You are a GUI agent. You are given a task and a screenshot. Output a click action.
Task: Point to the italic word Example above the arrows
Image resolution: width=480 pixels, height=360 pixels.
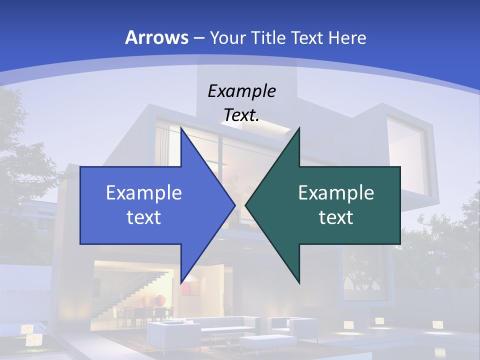coord(241,91)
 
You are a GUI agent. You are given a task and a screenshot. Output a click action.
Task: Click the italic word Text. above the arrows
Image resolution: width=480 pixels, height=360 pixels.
coord(241,115)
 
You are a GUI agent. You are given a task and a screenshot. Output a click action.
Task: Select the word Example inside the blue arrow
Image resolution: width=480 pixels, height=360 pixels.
coord(144,192)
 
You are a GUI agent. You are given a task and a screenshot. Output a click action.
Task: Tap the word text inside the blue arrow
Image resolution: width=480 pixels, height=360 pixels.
coord(144,217)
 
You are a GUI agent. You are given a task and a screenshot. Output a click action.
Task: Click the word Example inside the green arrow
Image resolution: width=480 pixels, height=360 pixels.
coord(336,192)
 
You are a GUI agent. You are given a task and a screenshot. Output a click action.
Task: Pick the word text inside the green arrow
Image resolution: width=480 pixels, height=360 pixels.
coord(336,217)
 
